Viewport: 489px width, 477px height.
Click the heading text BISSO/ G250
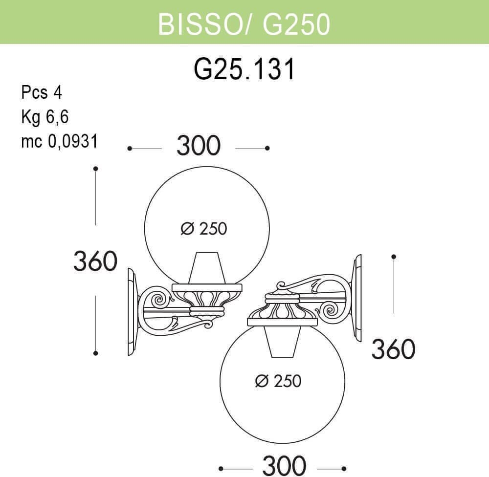point(244,24)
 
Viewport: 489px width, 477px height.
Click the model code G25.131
point(244,69)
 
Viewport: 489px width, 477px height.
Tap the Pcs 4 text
point(42,92)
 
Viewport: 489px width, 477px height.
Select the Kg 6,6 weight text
point(44,117)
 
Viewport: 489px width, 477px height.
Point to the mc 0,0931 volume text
point(60,141)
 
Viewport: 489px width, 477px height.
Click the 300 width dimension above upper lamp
point(199,146)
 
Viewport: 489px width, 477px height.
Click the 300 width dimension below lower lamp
point(284,466)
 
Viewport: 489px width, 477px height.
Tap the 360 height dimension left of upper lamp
point(95,260)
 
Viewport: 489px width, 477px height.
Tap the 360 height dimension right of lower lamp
point(393,348)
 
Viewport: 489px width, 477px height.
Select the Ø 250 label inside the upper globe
point(204,229)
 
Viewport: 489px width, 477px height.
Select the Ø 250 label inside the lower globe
point(278,381)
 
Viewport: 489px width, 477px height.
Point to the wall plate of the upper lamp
point(133,312)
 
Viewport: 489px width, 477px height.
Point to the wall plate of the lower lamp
point(356,298)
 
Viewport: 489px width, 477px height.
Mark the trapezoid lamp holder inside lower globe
point(283,342)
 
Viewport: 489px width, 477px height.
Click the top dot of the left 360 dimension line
point(96,169)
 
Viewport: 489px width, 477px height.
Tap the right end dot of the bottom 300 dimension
point(344,469)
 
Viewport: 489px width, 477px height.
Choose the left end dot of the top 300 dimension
point(130,149)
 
